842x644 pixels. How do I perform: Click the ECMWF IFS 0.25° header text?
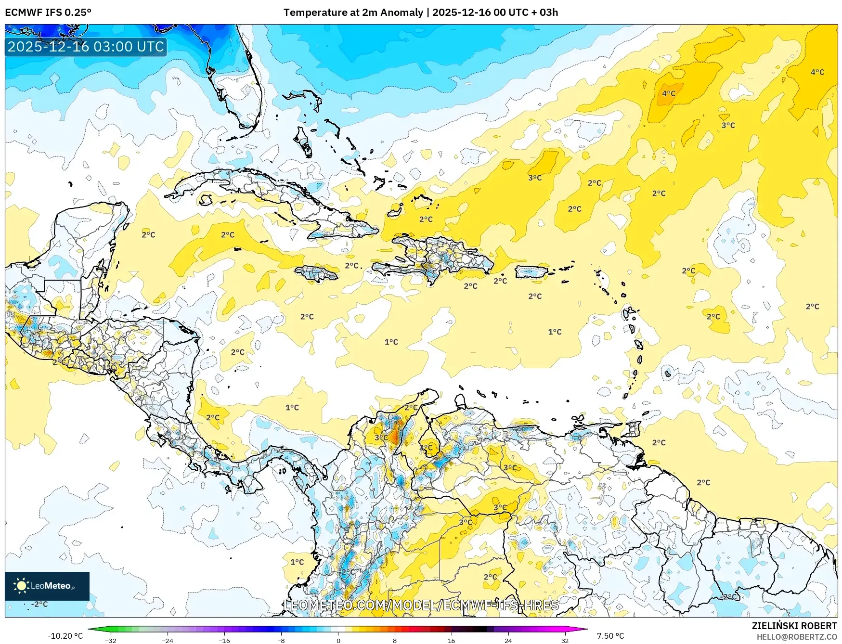coord(48,13)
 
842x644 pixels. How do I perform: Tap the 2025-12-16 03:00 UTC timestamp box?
coord(86,47)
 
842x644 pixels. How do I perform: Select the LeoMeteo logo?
coord(47,586)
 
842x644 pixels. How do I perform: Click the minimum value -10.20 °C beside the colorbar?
coord(65,636)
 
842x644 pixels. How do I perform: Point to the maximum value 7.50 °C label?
coord(610,636)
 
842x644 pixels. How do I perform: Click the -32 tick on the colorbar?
coord(111,640)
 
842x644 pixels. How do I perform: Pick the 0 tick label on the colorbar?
coord(338,640)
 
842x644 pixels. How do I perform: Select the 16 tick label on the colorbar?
coord(451,640)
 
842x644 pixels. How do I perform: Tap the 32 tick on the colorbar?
coord(565,640)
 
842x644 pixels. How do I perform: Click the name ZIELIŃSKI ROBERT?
coord(794,626)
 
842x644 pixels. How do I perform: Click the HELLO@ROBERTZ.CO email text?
coord(796,637)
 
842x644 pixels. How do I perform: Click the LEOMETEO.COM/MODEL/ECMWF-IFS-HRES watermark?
coord(421,605)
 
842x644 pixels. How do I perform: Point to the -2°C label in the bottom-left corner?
coord(39,604)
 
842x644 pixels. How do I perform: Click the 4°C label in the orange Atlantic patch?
coord(668,93)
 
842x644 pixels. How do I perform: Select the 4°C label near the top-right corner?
coord(817,72)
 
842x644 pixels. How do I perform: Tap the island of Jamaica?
coord(316,274)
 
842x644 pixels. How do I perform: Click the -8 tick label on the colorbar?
coord(281,640)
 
